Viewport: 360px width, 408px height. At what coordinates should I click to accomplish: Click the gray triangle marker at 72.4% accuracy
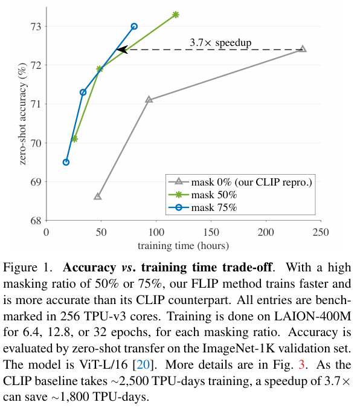[x=303, y=49]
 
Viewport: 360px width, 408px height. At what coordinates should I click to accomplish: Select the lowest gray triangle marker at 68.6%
[x=97, y=196]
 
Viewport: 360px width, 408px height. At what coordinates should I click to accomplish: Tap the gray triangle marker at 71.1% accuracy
[x=149, y=99]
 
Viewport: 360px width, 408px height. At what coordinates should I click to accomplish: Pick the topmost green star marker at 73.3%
[x=176, y=14]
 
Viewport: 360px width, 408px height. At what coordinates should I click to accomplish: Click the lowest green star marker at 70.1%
[x=74, y=138]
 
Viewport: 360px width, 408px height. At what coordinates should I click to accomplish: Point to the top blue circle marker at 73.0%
[x=134, y=26]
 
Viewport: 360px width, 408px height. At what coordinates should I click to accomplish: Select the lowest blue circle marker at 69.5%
[x=66, y=162]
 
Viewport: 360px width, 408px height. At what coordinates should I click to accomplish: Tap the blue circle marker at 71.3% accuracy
[x=83, y=92]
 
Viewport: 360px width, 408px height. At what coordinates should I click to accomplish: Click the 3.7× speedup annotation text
[x=220, y=42]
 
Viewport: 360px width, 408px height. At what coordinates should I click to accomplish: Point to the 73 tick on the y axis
[x=36, y=26]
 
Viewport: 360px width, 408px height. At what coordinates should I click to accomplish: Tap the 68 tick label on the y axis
[x=36, y=221]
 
